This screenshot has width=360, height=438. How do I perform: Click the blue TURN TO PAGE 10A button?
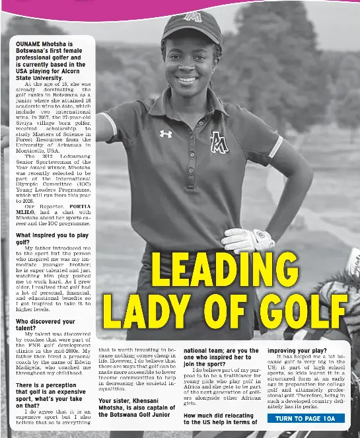(x=306, y=418)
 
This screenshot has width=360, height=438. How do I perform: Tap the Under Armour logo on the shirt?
(x=166, y=133)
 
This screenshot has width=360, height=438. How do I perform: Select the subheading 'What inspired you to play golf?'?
(x=52, y=238)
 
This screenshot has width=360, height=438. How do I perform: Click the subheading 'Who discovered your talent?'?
(x=46, y=324)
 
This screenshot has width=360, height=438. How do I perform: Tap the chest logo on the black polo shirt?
(x=219, y=141)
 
